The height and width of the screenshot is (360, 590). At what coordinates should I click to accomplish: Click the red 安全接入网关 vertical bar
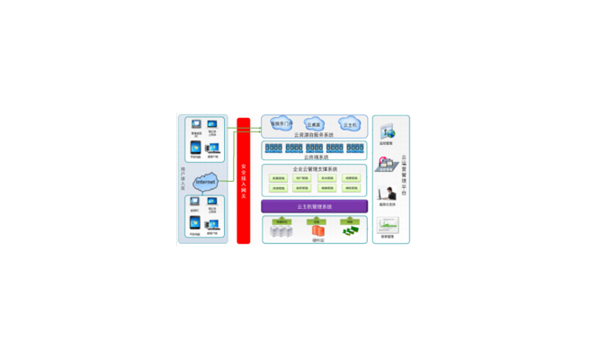[x=243, y=180]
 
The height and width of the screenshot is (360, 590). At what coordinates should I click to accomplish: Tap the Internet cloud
[x=206, y=183]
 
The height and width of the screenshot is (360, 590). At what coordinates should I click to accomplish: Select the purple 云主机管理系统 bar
[x=314, y=207]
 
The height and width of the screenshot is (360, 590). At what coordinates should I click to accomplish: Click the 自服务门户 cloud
[x=282, y=124]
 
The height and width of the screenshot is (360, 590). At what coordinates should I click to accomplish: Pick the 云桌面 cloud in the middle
[x=314, y=125]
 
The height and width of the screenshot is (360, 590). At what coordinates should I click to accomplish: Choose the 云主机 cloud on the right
[x=350, y=124]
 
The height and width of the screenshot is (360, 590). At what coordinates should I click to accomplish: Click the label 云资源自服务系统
[x=314, y=135]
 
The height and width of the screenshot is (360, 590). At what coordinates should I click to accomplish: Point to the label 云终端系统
[x=314, y=157]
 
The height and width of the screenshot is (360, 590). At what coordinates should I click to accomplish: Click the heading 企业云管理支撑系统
[x=314, y=169]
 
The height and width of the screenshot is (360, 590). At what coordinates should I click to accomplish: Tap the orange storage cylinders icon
[x=316, y=231]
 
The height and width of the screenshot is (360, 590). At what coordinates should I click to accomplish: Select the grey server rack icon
[x=282, y=231]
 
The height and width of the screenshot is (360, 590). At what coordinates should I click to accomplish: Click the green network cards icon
[x=349, y=231]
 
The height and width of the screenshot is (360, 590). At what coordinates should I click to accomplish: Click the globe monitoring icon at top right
[x=388, y=132]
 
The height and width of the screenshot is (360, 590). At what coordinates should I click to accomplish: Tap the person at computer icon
[x=388, y=193]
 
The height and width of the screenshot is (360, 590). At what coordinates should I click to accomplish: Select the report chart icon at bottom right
[x=388, y=225]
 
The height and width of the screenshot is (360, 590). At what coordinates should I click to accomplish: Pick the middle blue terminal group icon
[x=314, y=148]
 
